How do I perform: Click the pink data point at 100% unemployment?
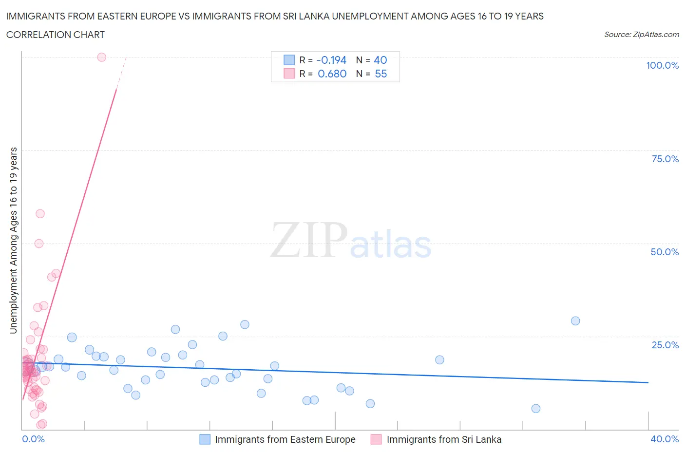101,57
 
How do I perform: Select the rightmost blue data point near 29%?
575,321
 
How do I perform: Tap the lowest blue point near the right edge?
536,408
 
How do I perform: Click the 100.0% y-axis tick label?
662,65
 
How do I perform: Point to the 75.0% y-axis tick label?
665,159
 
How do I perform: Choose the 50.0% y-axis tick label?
665,252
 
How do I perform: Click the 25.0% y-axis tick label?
665,345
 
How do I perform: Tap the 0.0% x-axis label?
33,439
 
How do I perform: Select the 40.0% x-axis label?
665,439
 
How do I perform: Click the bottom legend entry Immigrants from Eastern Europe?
285,439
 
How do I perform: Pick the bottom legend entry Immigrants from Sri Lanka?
443,439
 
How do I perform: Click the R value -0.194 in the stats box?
331,60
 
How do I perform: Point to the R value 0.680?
332,74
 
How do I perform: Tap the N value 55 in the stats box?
381,74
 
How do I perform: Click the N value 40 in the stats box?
381,60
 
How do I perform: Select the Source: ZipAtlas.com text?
641,34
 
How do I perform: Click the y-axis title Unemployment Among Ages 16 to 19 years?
13,240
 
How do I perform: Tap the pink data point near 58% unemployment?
40,213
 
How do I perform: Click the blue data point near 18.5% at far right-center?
439,359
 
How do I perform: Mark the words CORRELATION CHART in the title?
56,35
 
